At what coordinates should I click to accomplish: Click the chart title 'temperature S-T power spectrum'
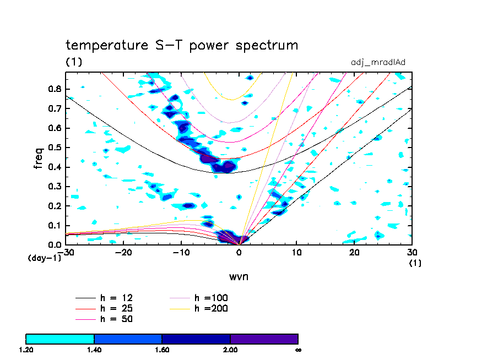click(182, 45)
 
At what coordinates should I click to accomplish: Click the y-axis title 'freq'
click(38, 159)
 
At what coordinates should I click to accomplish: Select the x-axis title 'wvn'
click(239, 276)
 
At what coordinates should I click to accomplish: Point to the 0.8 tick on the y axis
click(56, 89)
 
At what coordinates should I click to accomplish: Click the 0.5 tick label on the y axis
click(56, 148)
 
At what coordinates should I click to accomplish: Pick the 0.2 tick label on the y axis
click(56, 206)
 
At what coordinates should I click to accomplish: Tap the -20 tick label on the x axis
click(123, 253)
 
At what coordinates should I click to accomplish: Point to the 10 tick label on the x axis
click(296, 253)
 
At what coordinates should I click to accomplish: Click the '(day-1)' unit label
click(44, 258)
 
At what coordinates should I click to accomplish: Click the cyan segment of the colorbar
click(60, 339)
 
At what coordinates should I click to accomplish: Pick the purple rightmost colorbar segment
click(264, 339)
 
